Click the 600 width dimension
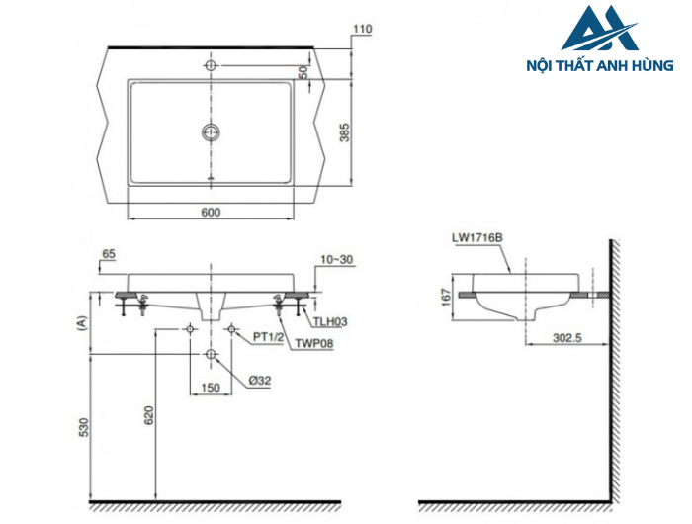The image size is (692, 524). click(211, 211)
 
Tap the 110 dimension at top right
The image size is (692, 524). click(362, 30)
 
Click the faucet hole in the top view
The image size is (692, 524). click(211, 66)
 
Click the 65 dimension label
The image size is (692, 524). click(109, 254)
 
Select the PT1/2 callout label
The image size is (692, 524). click(268, 336)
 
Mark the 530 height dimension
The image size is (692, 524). click(84, 426)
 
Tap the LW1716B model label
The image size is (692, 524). click(476, 237)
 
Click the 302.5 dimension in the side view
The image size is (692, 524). click(566, 337)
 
